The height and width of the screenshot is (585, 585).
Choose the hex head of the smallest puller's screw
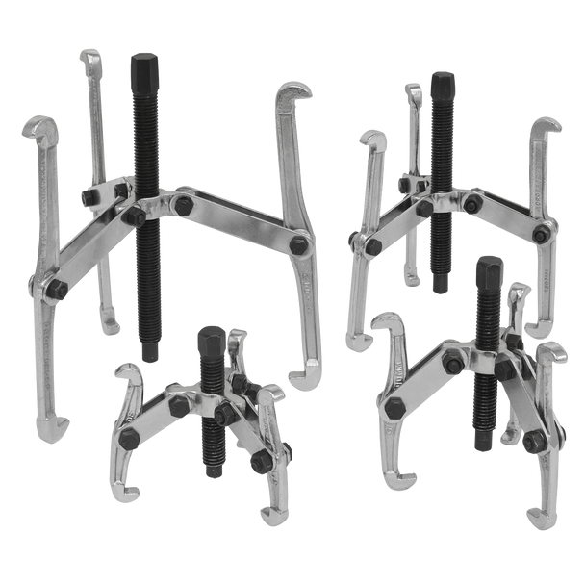[x=210, y=340]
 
